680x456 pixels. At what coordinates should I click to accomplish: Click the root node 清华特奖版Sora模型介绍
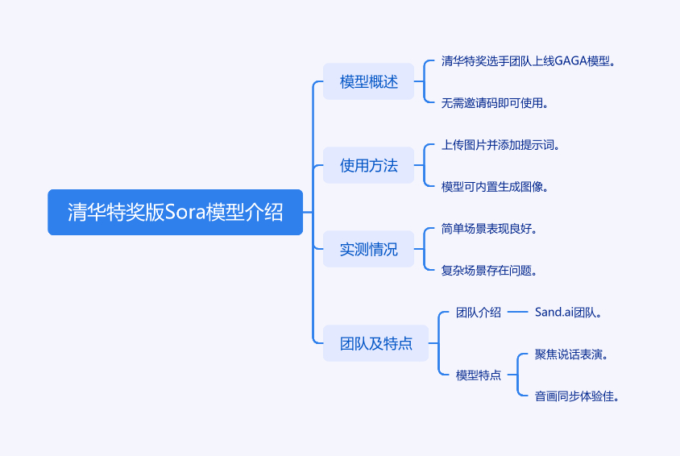click(175, 212)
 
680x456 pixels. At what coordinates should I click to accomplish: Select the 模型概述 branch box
click(368, 81)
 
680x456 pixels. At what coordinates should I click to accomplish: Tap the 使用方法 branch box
click(368, 165)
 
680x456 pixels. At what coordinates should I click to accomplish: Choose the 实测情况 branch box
click(368, 249)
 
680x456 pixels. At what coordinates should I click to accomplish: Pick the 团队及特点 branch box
click(375, 343)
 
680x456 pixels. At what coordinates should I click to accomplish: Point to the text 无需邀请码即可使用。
click(495, 102)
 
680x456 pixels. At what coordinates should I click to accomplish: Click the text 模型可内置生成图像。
click(495, 186)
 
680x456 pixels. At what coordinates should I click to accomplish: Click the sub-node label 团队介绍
click(479, 313)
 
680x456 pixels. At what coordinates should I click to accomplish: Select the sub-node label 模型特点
click(479, 375)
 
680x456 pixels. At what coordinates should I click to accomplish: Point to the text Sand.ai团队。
click(569, 313)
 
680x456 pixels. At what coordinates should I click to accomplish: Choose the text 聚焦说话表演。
click(571, 354)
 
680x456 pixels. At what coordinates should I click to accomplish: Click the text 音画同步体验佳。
click(577, 396)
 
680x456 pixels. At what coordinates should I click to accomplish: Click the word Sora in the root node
click(185, 212)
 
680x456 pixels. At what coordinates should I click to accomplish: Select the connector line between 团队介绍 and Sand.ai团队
click(518, 313)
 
